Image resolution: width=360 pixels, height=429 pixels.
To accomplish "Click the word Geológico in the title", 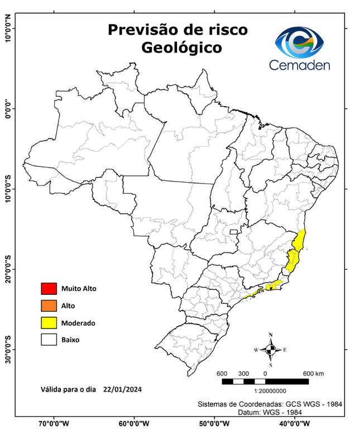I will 181,49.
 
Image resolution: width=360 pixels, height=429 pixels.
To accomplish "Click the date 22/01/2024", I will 122,389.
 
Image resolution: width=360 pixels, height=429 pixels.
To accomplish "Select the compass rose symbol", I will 271,350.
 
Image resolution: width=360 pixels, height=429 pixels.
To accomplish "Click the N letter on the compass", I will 271,335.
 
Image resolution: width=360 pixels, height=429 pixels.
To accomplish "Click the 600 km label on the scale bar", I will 313,373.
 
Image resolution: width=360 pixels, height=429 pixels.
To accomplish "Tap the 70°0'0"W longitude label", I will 54,423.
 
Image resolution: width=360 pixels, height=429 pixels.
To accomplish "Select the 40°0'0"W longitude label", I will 295,423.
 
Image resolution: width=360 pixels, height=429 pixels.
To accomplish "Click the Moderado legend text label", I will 78,323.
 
